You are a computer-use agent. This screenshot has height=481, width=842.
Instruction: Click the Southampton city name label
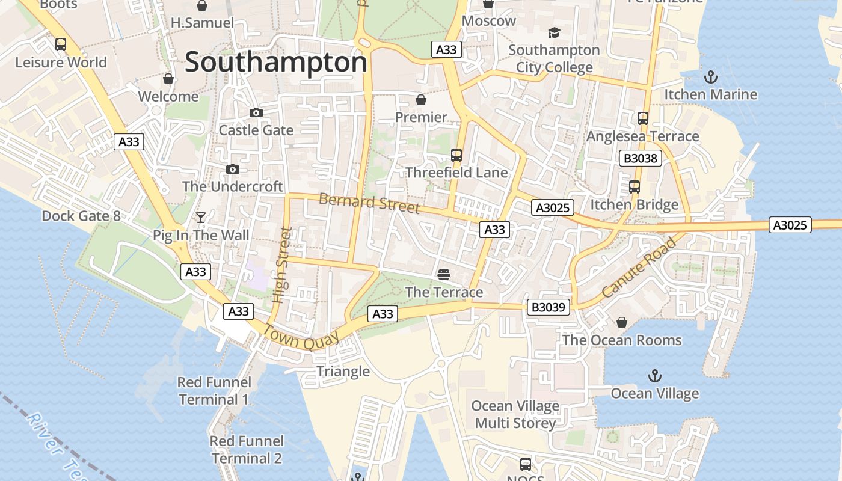pos(275,63)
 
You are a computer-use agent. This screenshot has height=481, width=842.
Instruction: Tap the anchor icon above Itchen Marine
pos(711,77)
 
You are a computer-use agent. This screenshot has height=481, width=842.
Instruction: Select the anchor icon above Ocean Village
pos(654,376)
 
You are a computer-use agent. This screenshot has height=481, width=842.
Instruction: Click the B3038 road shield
pos(641,159)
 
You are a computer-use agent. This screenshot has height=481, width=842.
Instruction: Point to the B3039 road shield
pos(548,307)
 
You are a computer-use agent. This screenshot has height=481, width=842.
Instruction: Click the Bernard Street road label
pos(369,203)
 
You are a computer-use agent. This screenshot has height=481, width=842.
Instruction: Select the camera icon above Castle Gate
pos(256,113)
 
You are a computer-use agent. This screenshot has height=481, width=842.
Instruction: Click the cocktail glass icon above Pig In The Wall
pos(201,218)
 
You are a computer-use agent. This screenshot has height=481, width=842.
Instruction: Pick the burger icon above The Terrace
pos(444,275)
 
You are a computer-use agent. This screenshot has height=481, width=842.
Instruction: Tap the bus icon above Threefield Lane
pos(456,155)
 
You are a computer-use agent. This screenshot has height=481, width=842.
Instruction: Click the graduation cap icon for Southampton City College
pos(554,32)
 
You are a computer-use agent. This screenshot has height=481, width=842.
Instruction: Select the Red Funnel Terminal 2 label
pos(247,450)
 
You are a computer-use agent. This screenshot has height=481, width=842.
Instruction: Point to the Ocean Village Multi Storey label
pos(515,415)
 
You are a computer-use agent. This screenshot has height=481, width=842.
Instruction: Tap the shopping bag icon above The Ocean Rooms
pos(622,323)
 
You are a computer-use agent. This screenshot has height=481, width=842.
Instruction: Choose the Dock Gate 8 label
pos(81,216)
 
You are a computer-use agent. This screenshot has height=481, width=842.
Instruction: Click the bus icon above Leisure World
pos(61,44)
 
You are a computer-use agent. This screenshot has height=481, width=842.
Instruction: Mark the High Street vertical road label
pos(281,265)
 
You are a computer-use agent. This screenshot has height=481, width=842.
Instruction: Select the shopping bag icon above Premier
pos(421,100)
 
